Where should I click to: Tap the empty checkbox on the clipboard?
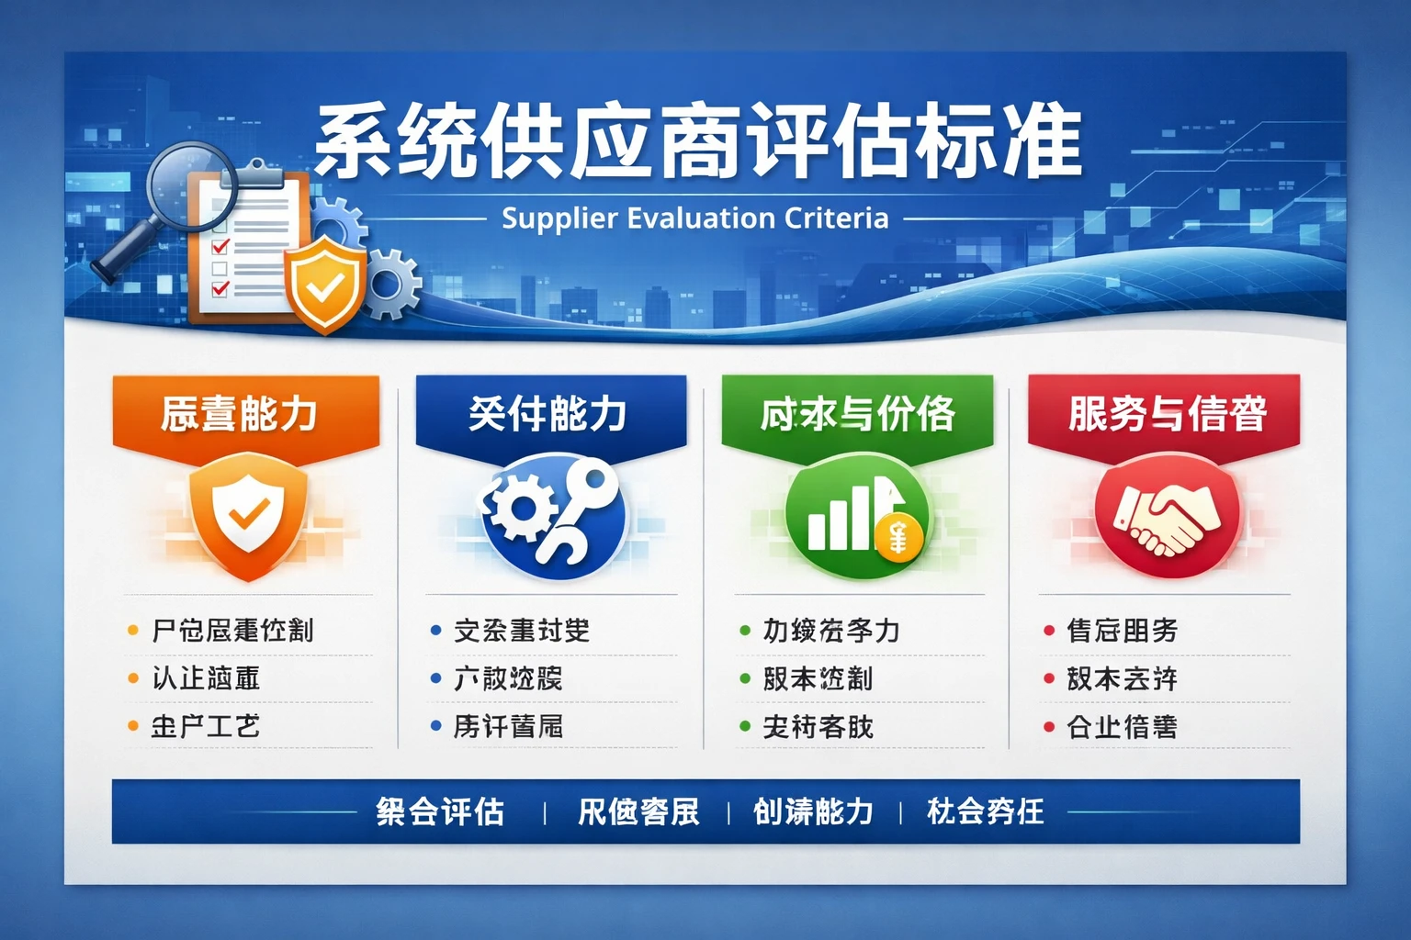coord(220,268)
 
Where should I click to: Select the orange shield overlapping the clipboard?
coord(323,285)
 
